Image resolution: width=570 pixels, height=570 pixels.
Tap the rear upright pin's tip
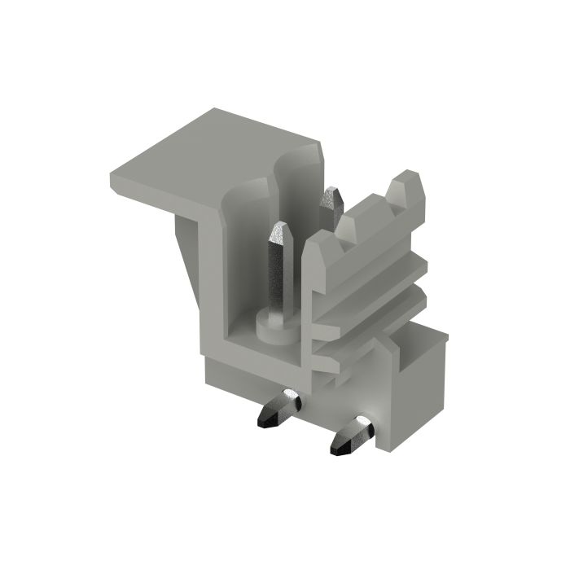coord(331,196)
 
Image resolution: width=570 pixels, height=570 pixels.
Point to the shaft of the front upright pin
coord(279,277)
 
